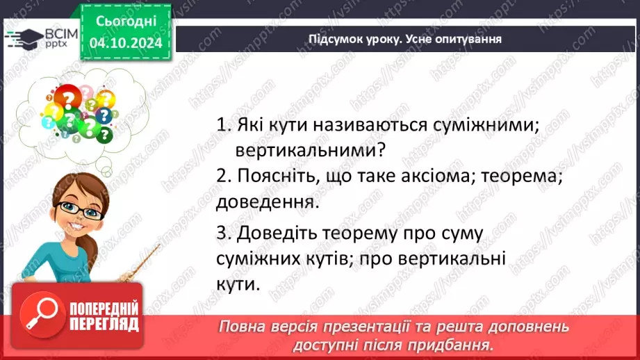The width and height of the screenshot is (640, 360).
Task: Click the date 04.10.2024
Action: coord(125,44)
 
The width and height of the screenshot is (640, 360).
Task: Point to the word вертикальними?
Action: coord(310,150)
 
